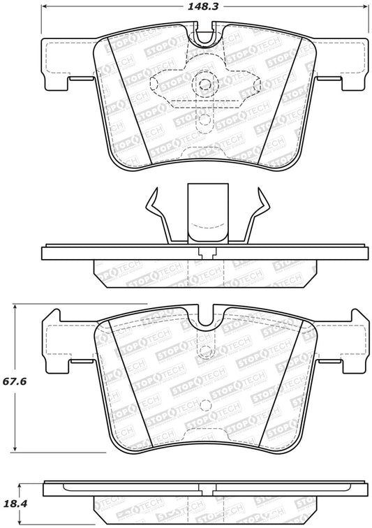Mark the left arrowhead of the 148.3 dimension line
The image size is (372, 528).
(45, 8)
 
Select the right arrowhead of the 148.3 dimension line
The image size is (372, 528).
(366, 8)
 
